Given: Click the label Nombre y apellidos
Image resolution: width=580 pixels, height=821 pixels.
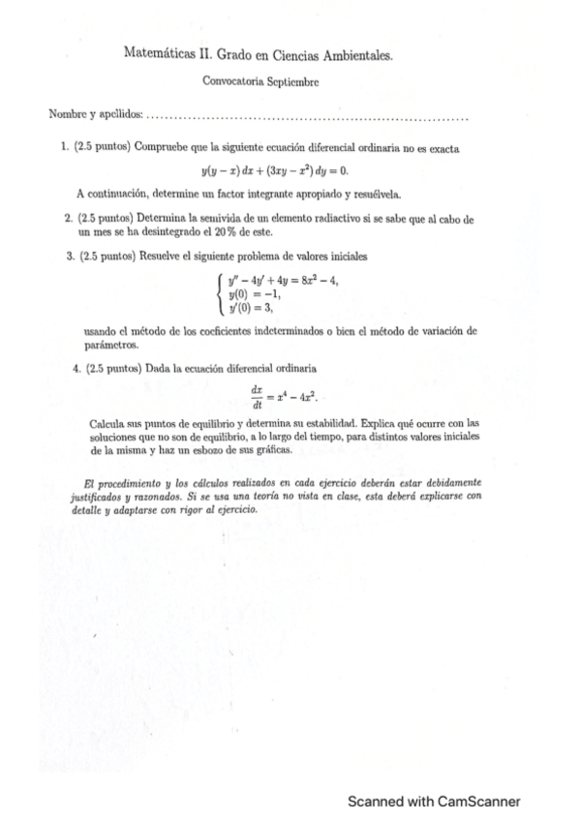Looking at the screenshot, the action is pos(95,116).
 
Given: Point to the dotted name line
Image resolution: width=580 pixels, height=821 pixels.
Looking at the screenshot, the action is pos(310,118).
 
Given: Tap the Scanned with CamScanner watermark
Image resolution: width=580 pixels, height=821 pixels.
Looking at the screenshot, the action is pos(435,802).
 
